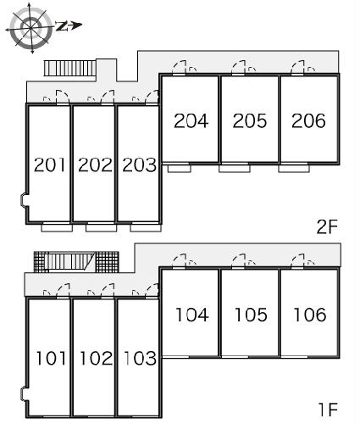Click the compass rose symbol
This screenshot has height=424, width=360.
pos(31,27)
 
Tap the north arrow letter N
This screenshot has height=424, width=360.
pos(62,26)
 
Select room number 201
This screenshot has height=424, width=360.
pos(50,165)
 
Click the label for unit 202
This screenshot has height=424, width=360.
pos(95,165)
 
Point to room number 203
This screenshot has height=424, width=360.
pos(139,165)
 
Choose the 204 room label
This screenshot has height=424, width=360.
pos(191,120)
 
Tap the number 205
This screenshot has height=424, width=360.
pos(250,120)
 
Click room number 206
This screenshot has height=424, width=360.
pos(308,120)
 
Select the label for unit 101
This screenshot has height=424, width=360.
pos(51,358)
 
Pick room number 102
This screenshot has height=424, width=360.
pos(97,358)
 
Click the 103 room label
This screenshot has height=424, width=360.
pos(141,358)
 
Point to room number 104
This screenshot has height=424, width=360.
pos(192,315)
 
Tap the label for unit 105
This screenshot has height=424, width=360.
pos(251,315)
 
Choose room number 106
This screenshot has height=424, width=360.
pos(310,315)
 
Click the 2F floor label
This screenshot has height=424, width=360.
pos(327,226)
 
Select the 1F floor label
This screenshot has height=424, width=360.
pos(329,410)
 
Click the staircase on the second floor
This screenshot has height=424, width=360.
pos(70,68)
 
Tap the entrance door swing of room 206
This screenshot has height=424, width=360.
pos(298,68)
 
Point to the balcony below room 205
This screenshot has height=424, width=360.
pos(235,168)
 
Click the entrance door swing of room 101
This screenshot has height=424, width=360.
pos(63,290)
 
